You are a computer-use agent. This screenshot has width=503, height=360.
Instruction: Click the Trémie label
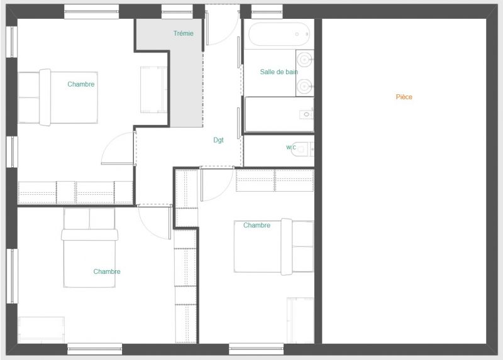coord(184,33)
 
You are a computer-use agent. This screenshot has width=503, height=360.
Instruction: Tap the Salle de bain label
coord(279,72)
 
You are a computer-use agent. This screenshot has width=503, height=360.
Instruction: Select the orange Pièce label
coord(404,97)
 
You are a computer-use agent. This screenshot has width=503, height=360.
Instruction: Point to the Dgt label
coord(218,140)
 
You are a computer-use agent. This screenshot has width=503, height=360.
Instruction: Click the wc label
coord(291,147)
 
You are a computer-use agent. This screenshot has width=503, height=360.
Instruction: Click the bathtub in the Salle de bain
coord(279,34)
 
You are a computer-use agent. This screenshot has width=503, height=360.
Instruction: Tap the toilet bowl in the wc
coord(300,149)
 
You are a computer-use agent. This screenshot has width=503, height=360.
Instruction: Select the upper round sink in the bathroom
coord(304,59)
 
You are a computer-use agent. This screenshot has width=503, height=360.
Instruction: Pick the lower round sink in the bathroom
coord(304,86)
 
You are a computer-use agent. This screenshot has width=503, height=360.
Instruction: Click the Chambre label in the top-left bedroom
coord(81,84)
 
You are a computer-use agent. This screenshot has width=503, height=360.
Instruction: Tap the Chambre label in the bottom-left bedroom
coord(107,271)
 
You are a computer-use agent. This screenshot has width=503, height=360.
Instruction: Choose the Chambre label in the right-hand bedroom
coord(257,225)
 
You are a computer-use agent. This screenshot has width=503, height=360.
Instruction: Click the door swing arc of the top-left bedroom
coord(109,142)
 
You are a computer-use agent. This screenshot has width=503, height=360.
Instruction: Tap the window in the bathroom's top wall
coord(267,11)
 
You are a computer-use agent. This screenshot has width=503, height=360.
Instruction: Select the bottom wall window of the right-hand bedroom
coord(257,349)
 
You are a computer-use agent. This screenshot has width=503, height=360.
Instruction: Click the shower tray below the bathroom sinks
coord(279,114)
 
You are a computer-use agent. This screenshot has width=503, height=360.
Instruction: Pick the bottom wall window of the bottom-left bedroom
coord(95,349)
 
